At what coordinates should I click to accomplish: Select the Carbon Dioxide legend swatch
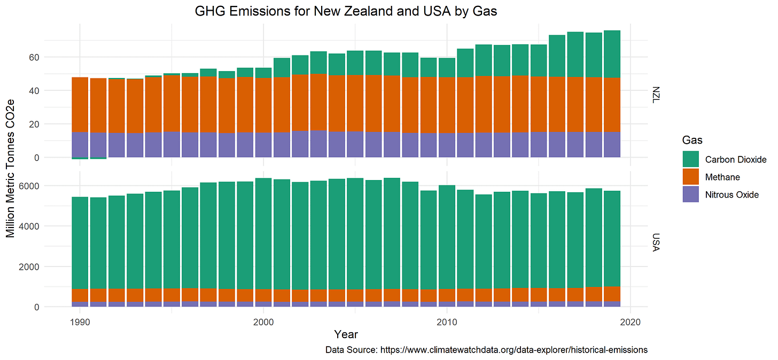point(690,159)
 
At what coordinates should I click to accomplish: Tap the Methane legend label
point(722,177)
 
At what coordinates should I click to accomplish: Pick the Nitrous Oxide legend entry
point(732,194)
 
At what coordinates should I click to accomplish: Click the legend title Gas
point(692,140)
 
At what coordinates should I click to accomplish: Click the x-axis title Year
point(346,335)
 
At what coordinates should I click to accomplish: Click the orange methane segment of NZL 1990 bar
point(80,105)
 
